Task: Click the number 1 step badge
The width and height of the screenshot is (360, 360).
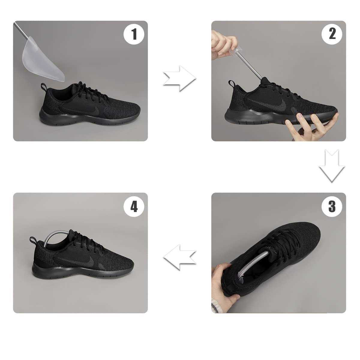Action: click(134, 35)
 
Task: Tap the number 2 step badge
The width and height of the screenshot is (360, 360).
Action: click(332, 35)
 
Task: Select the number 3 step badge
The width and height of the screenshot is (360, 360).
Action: click(332, 207)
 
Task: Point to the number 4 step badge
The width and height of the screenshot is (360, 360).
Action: click(134, 207)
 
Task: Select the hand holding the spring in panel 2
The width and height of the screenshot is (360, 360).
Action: click(222, 44)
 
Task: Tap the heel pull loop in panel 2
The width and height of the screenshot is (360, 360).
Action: click(231, 84)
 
